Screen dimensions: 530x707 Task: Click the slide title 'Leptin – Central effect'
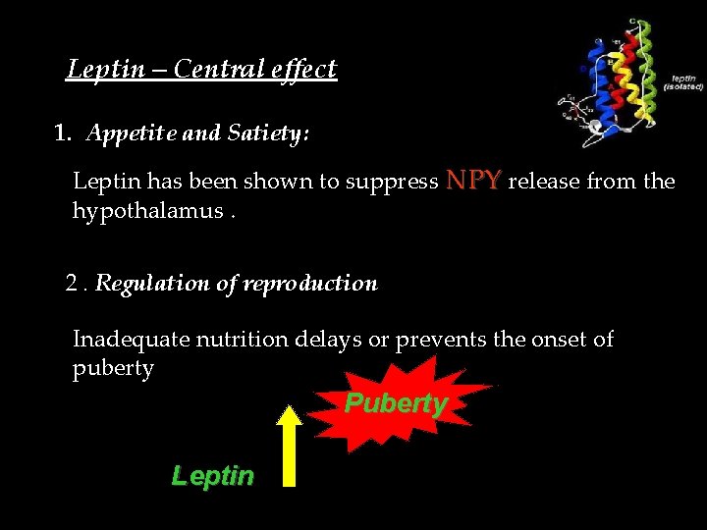pyautogui.click(x=201, y=69)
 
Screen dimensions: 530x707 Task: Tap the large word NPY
pyautogui.click(x=474, y=180)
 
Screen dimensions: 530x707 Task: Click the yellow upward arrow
pyautogui.click(x=289, y=446)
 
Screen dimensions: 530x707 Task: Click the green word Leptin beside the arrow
pyautogui.click(x=212, y=476)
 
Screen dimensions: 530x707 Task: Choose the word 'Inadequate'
pyautogui.click(x=131, y=340)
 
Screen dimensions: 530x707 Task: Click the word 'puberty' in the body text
pyautogui.click(x=113, y=369)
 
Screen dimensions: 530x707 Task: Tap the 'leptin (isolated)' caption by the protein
pyautogui.click(x=683, y=81)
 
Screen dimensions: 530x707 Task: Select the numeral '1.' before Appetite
pyautogui.click(x=64, y=133)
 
